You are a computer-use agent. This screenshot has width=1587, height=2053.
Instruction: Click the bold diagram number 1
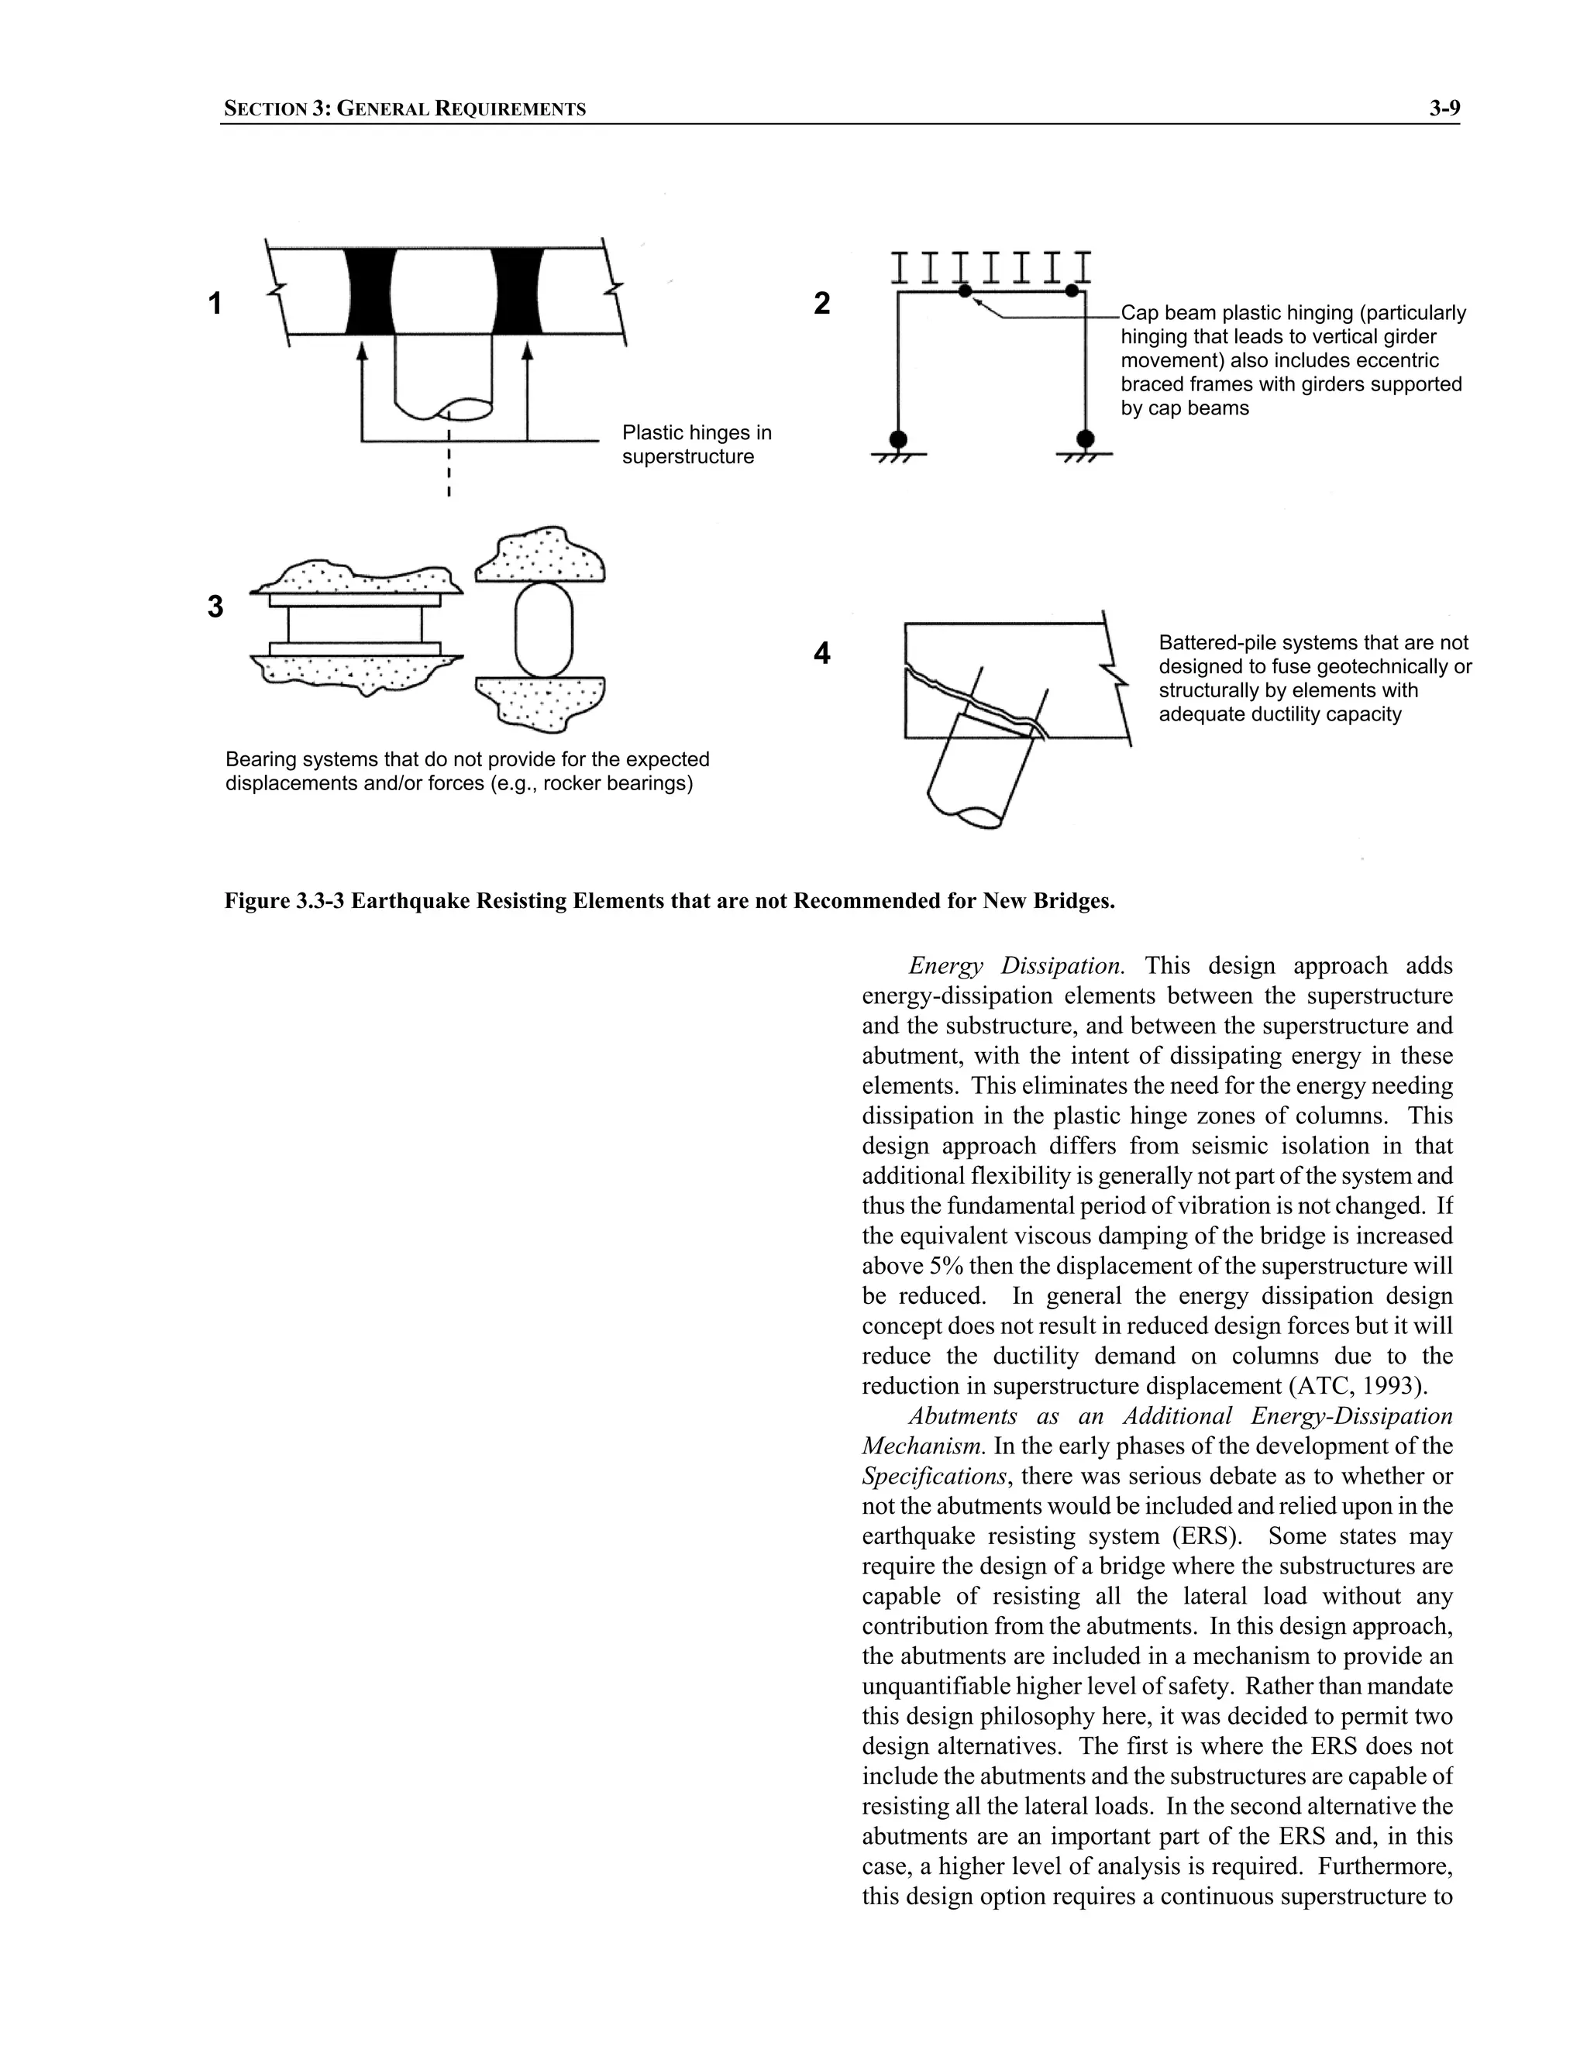tap(215, 304)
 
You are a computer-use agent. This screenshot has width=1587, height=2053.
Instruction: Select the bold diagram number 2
tap(821, 303)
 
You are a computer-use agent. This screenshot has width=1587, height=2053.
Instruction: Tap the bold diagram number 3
tap(215, 607)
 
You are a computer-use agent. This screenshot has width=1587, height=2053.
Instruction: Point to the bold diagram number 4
tap(821, 652)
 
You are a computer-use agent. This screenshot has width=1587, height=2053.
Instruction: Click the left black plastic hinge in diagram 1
tap(370, 291)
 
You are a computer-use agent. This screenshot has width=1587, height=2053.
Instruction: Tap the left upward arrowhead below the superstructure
tap(362, 352)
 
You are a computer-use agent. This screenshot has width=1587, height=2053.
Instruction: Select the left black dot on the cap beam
tap(965, 291)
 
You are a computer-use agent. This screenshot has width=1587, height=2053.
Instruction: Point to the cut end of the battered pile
tap(978, 816)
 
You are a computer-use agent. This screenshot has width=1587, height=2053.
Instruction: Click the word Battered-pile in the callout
tap(1213, 643)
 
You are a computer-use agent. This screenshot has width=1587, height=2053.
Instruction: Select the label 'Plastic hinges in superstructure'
tap(696, 445)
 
